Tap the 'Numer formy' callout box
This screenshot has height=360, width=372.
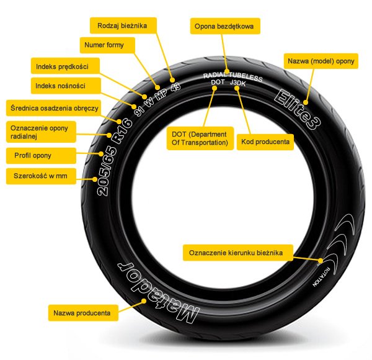(x=107, y=45)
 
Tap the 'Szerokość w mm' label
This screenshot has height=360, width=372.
(x=40, y=176)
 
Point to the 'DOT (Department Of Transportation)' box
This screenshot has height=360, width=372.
(x=198, y=139)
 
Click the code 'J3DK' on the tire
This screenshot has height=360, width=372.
(x=237, y=82)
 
